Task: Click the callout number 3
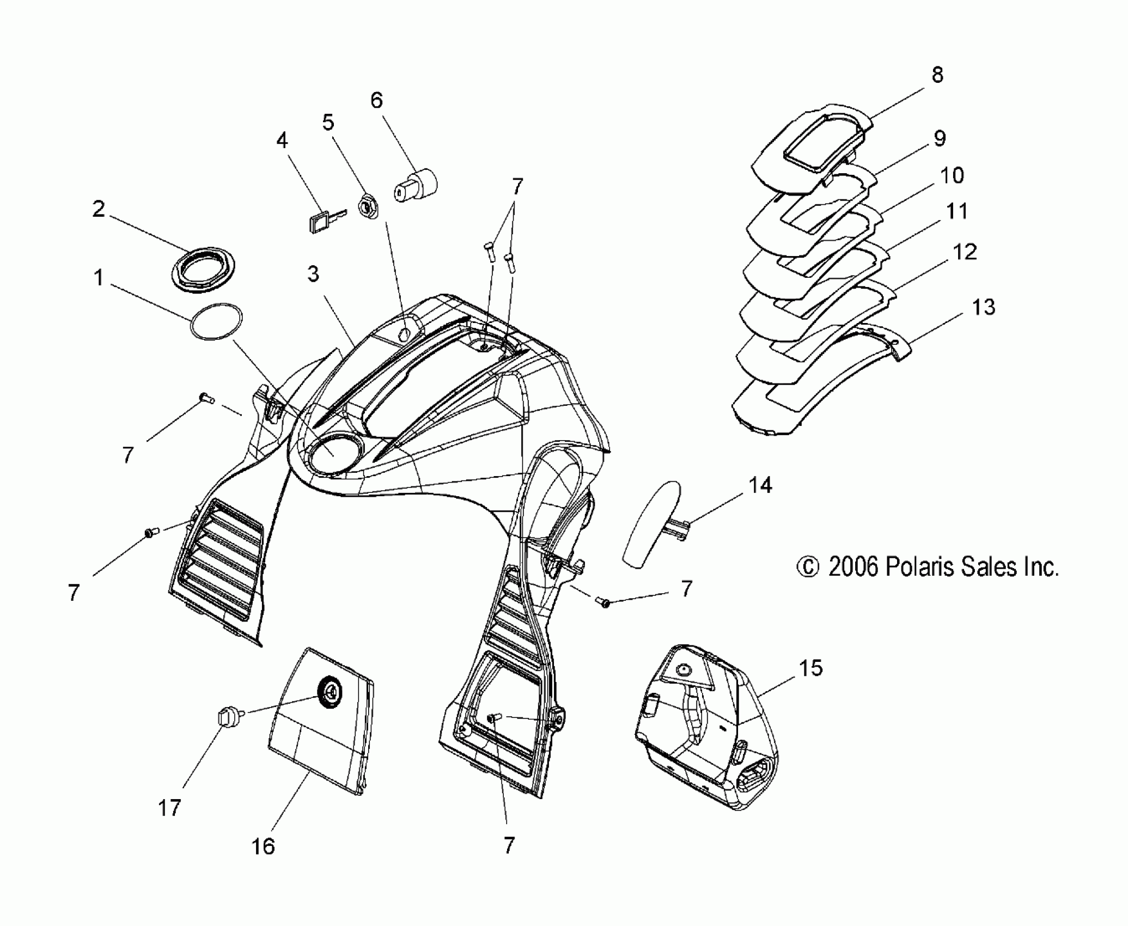(313, 275)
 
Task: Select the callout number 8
(937, 75)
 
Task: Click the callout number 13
(983, 308)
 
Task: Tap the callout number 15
(811, 668)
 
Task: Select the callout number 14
(760, 485)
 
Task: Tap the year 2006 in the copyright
(852, 567)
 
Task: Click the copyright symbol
(808, 568)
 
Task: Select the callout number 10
(952, 175)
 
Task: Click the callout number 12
(965, 252)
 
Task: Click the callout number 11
(956, 211)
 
